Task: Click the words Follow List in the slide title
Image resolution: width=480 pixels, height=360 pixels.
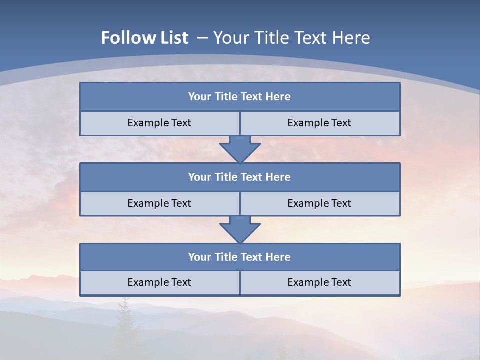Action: pyautogui.click(x=144, y=38)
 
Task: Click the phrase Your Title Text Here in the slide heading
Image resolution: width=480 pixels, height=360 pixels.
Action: pyautogui.click(x=292, y=38)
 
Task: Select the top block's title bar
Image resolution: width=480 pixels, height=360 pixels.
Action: pyautogui.click(x=240, y=97)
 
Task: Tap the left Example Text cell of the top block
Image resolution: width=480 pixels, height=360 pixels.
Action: pyautogui.click(x=159, y=123)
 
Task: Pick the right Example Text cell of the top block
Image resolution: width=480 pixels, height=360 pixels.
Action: pyautogui.click(x=319, y=123)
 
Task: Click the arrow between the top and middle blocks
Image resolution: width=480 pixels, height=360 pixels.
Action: pyautogui.click(x=240, y=149)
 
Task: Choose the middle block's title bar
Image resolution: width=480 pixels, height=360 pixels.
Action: pyautogui.click(x=240, y=177)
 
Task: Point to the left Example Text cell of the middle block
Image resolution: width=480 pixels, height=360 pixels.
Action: pyautogui.click(x=159, y=203)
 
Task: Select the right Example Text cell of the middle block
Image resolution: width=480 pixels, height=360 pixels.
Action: pyautogui.click(x=319, y=203)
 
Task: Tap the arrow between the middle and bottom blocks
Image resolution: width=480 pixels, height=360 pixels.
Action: pyautogui.click(x=240, y=229)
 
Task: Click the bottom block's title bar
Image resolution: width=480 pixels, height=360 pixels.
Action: pyautogui.click(x=240, y=257)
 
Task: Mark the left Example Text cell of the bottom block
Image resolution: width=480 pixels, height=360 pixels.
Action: pyautogui.click(x=159, y=282)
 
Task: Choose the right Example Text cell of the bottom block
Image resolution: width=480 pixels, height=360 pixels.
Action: pyautogui.click(x=319, y=282)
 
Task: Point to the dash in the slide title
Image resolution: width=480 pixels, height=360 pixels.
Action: pyautogui.click(x=202, y=38)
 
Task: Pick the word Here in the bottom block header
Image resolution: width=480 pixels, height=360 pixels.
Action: pyautogui.click(x=278, y=257)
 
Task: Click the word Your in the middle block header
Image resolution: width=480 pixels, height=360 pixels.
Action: pyautogui.click(x=199, y=177)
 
